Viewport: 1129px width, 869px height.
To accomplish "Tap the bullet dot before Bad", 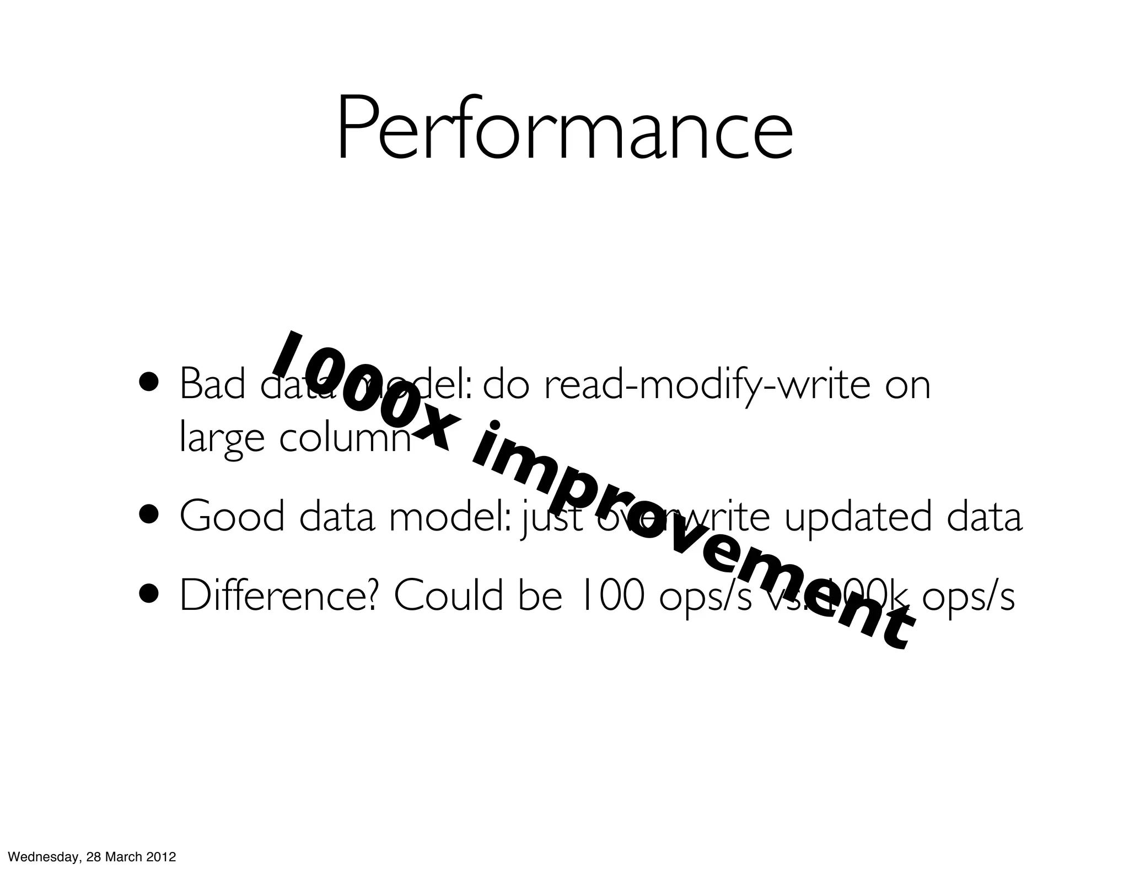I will [150, 382].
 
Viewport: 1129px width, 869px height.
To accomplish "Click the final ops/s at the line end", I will [969, 598].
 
